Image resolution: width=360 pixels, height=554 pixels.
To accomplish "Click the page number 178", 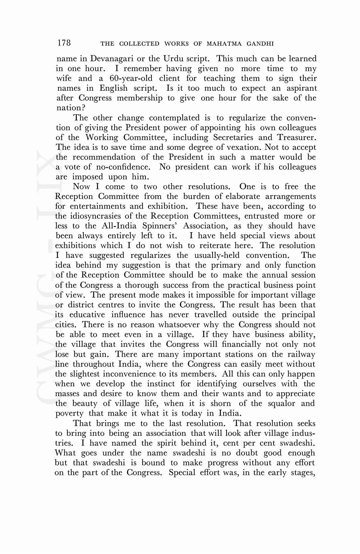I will [64, 43].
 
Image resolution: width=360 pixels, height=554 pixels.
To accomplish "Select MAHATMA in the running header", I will [224, 44].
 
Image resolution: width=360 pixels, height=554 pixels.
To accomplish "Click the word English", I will [114, 88].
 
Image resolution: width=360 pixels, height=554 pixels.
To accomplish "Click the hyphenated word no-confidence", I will [123, 167].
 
